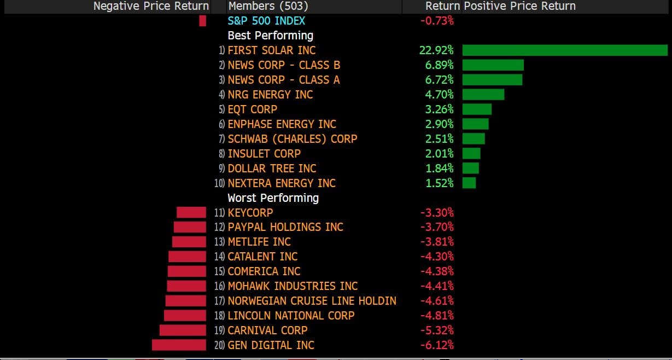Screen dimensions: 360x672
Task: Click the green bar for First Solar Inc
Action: coord(564,50)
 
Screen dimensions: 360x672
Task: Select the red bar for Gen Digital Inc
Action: coord(179,345)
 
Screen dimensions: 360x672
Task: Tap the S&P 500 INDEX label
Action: coord(266,21)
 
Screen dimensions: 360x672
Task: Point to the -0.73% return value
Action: coord(436,21)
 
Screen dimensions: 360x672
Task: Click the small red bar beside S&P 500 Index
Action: coord(202,21)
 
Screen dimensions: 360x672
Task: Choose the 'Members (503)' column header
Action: coord(268,6)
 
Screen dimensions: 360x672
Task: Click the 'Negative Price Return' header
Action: coord(151,6)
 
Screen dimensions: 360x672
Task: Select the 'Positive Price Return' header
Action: coord(519,6)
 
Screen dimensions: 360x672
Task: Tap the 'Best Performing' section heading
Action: coord(270,36)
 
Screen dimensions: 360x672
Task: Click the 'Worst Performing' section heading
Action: coord(273,198)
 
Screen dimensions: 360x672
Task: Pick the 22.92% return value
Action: coord(436,50)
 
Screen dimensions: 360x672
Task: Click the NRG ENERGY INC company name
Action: coord(270,95)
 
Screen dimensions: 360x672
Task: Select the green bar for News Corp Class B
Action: coord(493,65)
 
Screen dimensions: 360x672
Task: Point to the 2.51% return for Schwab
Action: coord(439,139)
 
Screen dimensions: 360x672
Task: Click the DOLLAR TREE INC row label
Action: coord(272,169)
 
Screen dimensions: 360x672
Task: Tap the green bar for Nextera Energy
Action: coord(469,183)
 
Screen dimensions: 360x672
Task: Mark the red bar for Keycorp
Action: coord(191,213)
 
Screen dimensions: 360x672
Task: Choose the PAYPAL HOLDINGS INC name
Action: coord(285,227)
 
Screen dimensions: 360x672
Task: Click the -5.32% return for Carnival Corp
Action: coord(437,330)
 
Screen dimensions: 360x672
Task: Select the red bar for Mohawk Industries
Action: coord(186,286)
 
